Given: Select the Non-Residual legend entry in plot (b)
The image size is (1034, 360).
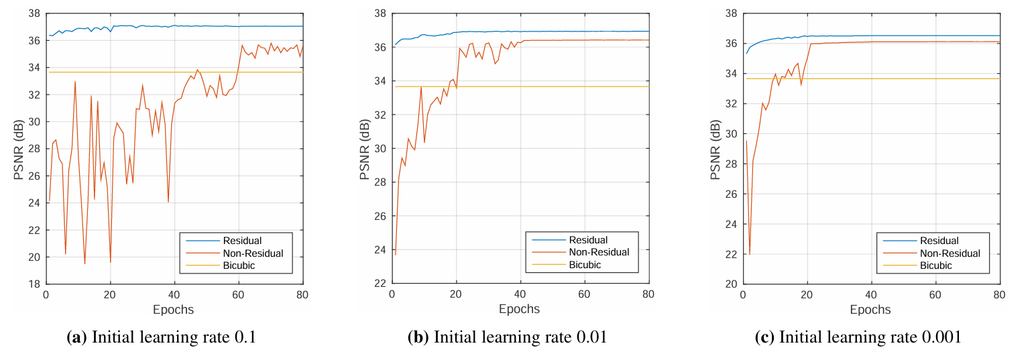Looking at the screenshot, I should (599, 252).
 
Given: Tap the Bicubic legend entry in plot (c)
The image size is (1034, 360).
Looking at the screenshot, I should (935, 265).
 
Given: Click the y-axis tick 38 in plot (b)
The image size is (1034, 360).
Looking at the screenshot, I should (380, 13).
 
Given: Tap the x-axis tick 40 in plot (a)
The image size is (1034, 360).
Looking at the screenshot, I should (174, 295).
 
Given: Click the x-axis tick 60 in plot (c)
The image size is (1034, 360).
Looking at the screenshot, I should (935, 295).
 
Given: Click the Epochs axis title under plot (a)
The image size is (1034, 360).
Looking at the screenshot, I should (174, 309).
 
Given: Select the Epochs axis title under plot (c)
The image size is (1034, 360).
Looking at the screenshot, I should (870, 309).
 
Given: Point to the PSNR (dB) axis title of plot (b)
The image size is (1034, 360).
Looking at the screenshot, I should (365, 149).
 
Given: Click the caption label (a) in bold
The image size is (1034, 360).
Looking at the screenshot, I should (77, 337).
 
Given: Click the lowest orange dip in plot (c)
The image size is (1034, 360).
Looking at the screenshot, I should (749, 254).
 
